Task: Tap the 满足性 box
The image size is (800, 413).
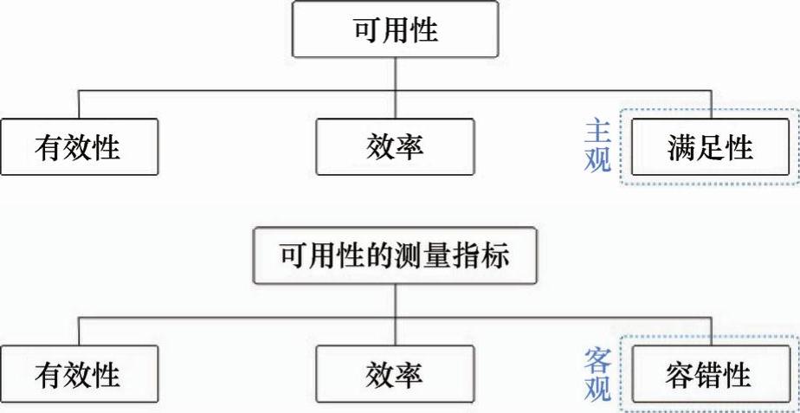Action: (710, 147)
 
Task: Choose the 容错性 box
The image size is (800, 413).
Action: (710, 376)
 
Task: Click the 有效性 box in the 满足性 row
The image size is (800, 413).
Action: (79, 148)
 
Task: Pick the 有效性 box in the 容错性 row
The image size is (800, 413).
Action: (79, 376)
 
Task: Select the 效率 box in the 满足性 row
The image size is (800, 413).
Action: (395, 148)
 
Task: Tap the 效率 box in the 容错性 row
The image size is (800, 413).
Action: (395, 376)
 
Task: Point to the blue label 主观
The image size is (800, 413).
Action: (597, 145)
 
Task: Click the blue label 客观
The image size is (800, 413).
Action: (597, 374)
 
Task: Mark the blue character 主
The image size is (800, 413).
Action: (597, 132)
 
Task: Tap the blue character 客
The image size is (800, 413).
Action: (597, 360)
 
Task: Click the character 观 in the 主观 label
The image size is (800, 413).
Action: (597, 160)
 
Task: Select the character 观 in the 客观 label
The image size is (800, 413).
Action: (597, 390)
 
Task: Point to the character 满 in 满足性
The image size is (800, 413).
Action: (681, 148)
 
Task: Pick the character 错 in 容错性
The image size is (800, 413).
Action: (710, 376)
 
